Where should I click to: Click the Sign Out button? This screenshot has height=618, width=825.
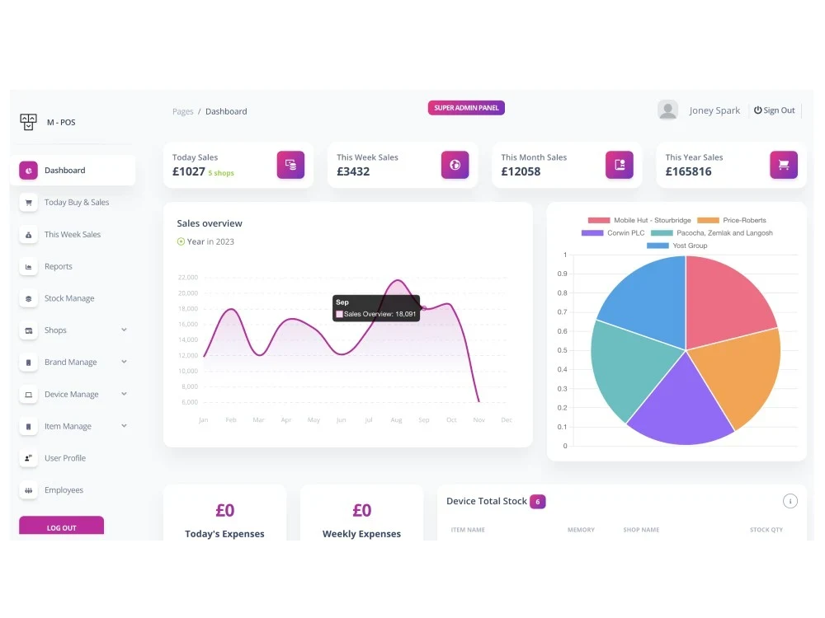774,110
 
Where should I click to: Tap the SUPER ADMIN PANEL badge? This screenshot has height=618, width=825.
466,108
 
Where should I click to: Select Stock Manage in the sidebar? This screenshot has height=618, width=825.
69,298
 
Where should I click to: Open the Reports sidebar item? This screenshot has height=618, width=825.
58,266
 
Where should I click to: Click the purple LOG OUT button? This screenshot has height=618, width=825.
62,527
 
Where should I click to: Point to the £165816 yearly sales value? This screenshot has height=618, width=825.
688,171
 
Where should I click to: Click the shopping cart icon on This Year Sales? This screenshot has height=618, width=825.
784,165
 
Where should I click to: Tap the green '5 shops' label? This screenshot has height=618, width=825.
221,173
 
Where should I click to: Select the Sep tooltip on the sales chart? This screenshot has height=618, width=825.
376,308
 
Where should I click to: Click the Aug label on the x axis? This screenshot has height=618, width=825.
396,420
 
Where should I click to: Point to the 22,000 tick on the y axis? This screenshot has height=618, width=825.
188,278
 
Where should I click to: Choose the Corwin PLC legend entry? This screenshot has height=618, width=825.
613,233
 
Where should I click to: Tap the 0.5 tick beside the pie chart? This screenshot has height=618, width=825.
563,350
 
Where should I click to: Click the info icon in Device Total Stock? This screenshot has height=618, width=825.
790,501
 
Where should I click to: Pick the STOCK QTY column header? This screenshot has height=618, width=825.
766,530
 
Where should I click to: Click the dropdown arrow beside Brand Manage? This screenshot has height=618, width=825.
125,362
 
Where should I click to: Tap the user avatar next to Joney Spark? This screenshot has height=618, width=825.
667,110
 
